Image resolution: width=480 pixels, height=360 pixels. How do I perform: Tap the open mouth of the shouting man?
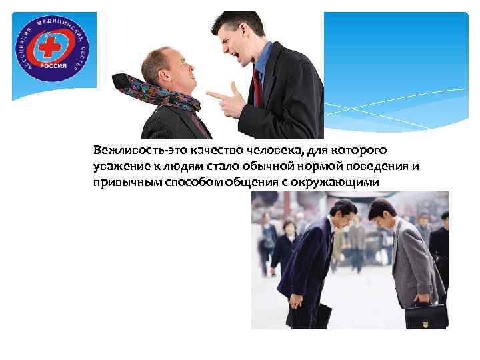coord(235,50)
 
